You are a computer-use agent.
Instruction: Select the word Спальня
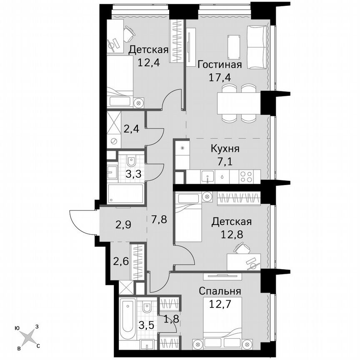point(219,290)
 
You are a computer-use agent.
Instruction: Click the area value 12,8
point(231,234)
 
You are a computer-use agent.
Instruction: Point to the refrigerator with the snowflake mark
point(182,154)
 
